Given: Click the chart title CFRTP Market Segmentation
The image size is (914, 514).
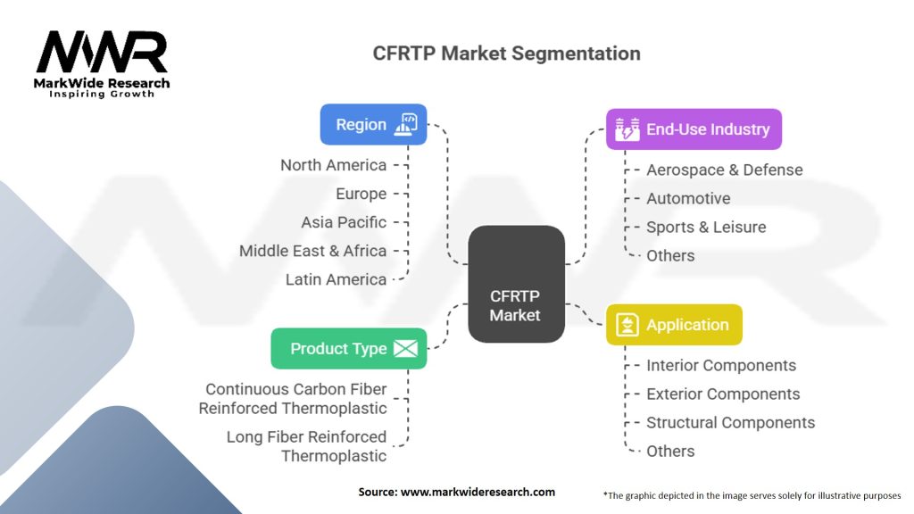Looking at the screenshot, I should tap(506, 54).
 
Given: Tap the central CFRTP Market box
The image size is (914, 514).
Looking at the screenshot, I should tap(516, 283).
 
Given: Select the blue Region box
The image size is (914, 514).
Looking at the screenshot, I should tap(373, 125).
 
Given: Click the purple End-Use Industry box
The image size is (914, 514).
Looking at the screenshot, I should tap(694, 129).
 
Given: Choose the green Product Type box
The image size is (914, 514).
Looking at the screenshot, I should tap(348, 348).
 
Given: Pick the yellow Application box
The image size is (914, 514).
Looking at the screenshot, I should tap(674, 325).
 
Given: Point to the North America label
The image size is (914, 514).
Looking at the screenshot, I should tap(333, 165).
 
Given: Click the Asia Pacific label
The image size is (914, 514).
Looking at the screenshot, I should tap(344, 222).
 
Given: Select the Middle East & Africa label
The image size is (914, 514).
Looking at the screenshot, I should tap(312, 251).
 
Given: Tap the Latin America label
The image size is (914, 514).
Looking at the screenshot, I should tap(336, 279).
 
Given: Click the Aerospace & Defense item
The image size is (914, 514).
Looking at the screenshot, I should tap(724, 170).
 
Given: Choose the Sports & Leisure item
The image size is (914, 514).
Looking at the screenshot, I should tap(706, 227).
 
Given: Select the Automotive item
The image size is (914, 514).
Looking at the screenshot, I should tap(688, 198).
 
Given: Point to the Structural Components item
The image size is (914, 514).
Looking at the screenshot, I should tap(730, 422).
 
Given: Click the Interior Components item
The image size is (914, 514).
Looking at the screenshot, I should tap(721, 365).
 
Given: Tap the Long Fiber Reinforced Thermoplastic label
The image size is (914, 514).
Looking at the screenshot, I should tap(306, 446).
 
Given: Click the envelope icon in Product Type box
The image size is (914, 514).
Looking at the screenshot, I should tap(405, 348).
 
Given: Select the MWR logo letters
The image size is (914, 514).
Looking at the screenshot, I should tap(102, 54).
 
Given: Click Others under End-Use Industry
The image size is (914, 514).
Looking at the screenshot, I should tap(670, 255).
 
